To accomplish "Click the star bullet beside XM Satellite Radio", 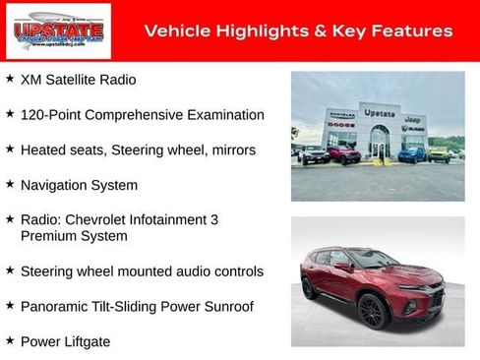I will click(x=10, y=79).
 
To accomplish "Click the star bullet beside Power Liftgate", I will click(x=10, y=340).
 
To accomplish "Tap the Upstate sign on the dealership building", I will click(x=379, y=113).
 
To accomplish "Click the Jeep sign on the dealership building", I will click(x=414, y=116).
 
